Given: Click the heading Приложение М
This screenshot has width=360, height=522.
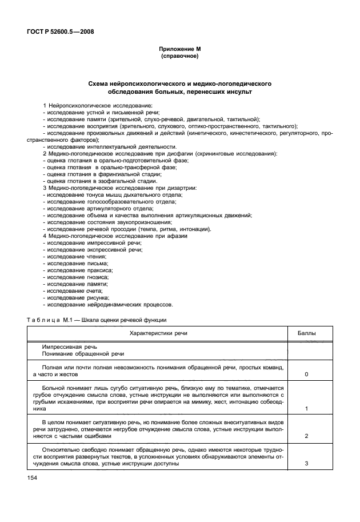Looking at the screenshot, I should [x=180, y=50].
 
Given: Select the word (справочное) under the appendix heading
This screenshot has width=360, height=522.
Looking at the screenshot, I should [x=180, y=57].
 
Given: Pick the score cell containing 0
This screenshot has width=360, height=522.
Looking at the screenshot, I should [x=307, y=374].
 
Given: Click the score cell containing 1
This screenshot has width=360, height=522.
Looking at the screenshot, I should [x=307, y=409].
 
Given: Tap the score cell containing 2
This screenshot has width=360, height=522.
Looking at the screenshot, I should [x=307, y=436].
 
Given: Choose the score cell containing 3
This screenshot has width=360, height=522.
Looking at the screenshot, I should [x=307, y=463].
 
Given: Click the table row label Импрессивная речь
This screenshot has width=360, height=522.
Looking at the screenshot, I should [x=70, y=346].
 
